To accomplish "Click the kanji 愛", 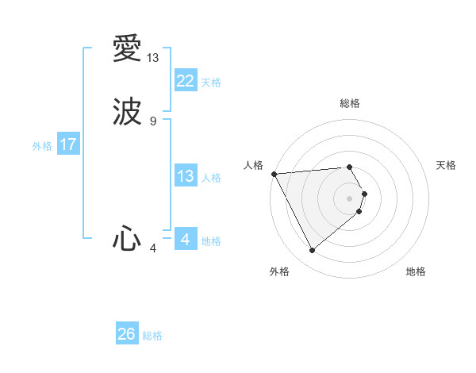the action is coord(128,49).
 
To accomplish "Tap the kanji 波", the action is coord(128,112).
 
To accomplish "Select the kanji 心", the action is coord(128,239).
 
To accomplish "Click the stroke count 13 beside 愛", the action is coord(153,58).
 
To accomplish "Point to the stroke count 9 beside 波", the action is coord(153,121).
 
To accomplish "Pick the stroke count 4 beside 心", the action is coord(153,248).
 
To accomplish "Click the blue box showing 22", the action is coord(185,81).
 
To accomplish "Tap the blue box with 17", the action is coord(68,144).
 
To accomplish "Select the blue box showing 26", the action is coord(127,334).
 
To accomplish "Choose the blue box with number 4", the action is coord(185,239).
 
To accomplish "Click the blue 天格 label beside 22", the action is coord(211,83).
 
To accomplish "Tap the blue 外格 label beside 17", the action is coord(42,146).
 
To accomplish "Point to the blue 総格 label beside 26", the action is coord(152,336).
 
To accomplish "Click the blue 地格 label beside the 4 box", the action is coord(211,241).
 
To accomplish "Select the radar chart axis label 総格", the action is coord(349,103).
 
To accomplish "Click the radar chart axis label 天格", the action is coord(446,165).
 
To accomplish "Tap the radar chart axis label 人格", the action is coord(253,165).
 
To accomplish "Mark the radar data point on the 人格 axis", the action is coord(274,174).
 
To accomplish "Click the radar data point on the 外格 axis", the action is coord(312,251).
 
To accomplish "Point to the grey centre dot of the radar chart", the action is coord(350,198).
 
